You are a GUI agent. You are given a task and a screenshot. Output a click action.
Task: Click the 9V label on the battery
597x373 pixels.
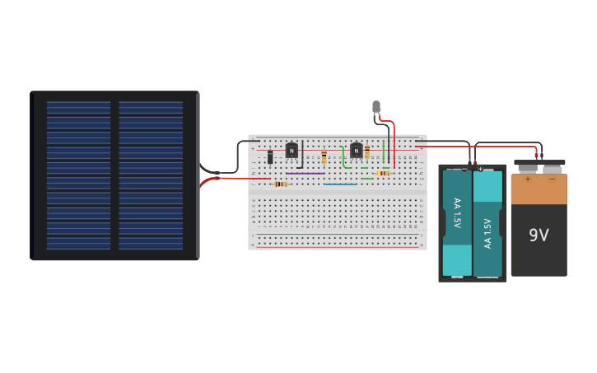pos(539,235)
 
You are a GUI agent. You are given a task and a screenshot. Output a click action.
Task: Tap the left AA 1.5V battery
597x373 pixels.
pos(457,222)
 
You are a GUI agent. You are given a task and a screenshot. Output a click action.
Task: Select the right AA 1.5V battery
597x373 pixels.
pos(487,222)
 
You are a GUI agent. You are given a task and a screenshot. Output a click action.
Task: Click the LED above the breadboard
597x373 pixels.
pos(376,106)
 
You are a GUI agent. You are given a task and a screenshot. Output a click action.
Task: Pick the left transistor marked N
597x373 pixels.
pos(291,151)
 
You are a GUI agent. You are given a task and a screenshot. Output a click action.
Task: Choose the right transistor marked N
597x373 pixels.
pos(356,151)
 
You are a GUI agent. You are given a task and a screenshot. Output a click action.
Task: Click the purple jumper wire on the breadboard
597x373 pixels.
pos(305,174)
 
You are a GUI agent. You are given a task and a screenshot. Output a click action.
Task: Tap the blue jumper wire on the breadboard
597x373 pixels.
pos(340,184)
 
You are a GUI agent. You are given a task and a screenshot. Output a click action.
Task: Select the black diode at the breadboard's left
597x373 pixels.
pos(269,156)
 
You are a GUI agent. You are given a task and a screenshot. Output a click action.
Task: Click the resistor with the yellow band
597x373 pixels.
pos(382,174)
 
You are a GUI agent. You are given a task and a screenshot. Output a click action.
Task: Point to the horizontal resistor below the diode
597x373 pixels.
pos(282,184)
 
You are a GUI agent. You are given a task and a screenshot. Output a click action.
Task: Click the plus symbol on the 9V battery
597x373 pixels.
pos(528,178)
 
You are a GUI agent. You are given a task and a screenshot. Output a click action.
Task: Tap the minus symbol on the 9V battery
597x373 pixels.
pos(552,178)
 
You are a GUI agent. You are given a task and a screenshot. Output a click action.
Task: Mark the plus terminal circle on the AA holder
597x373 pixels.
pos(480,168)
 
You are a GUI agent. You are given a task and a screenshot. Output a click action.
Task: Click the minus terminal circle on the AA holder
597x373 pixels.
pos(464,168)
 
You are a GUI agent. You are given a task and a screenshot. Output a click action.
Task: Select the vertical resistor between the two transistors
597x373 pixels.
pos(324,156)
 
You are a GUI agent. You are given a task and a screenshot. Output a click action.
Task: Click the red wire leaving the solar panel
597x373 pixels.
pos(239,178)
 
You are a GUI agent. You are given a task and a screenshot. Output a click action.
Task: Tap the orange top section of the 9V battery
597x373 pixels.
pos(539,189)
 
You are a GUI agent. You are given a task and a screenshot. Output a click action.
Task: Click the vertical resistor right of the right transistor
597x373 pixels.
pos(367,152)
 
